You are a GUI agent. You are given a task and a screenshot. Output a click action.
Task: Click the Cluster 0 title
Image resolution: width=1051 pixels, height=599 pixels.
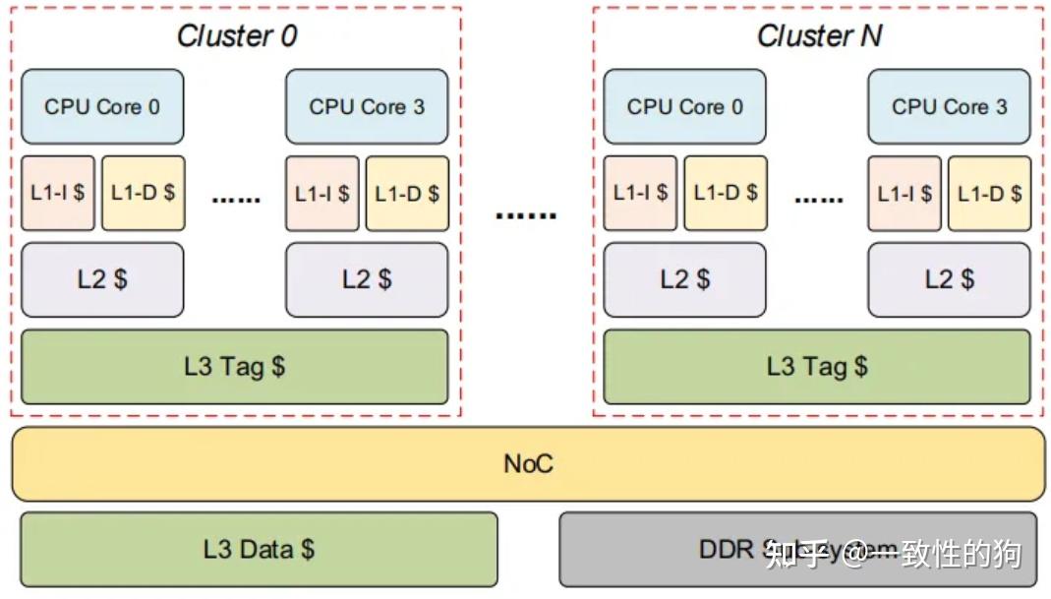point(236,36)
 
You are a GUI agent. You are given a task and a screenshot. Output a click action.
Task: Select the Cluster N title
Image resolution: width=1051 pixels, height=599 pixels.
point(819,36)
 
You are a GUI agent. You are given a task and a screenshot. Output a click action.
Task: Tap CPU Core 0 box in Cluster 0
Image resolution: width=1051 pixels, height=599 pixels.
point(102,106)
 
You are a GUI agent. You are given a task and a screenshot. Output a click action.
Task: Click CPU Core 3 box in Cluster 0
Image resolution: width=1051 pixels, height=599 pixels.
point(367,106)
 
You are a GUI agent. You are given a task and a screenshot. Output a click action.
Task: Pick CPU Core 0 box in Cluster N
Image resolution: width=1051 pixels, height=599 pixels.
point(685,106)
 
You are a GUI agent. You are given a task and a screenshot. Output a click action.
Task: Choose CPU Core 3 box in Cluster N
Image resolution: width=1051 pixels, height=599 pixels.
point(949,106)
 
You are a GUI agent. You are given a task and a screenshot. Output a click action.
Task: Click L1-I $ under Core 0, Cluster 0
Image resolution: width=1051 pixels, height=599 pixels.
point(58,193)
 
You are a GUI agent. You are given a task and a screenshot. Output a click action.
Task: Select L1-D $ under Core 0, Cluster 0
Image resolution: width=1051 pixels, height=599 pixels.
point(143,193)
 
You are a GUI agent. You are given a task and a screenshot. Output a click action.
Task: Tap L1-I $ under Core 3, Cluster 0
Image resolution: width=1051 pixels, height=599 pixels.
point(322,193)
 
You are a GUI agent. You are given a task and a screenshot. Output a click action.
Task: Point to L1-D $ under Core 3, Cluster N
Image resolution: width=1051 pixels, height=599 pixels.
point(990,193)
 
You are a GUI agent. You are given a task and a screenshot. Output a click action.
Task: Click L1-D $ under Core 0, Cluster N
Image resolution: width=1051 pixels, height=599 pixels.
point(726,193)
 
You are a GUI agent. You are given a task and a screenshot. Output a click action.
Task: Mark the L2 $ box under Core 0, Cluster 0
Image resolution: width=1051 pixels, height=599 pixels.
point(102,279)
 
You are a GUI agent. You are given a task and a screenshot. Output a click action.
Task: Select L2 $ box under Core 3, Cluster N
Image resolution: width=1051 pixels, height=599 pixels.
point(949,279)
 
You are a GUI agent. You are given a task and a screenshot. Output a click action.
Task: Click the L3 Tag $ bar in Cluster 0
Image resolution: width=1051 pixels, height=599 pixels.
point(234,367)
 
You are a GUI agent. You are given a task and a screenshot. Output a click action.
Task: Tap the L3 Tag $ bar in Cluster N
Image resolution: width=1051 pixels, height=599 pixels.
point(817,367)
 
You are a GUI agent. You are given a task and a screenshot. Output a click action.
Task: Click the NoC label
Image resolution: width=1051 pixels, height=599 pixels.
point(528,463)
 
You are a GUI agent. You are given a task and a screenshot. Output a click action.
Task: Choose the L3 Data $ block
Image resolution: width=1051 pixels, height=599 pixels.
point(259,549)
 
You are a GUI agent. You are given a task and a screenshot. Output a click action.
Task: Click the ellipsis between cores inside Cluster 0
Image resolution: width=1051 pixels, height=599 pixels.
point(236,200)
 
